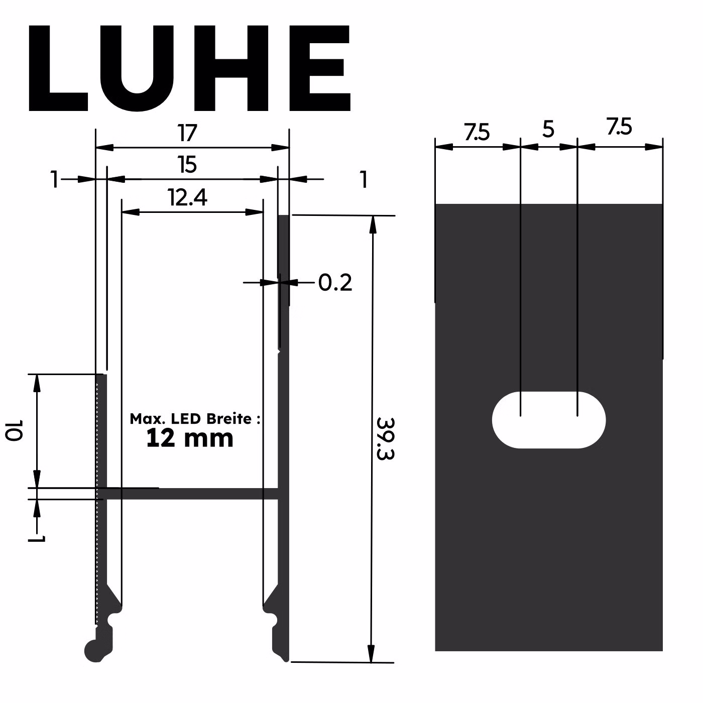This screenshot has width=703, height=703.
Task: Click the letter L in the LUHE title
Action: [x=55, y=68]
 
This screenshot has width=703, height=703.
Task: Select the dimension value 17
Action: [x=187, y=134]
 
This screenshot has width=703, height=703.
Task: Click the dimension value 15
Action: [x=187, y=165]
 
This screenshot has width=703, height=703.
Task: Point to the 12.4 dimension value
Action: [x=188, y=198]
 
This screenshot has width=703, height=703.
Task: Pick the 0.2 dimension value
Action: [x=335, y=283]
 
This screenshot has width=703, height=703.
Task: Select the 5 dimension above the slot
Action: [x=548, y=130]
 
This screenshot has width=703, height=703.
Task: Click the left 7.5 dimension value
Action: [x=477, y=133]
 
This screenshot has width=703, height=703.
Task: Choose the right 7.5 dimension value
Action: [x=619, y=127]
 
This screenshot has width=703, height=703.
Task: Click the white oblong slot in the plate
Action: [x=549, y=420]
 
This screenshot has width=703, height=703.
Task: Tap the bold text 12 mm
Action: [x=190, y=438]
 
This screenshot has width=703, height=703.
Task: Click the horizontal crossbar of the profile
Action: [x=191, y=494]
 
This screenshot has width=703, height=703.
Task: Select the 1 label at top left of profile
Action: [x=55, y=180]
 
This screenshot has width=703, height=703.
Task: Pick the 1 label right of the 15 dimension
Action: [x=364, y=180]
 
